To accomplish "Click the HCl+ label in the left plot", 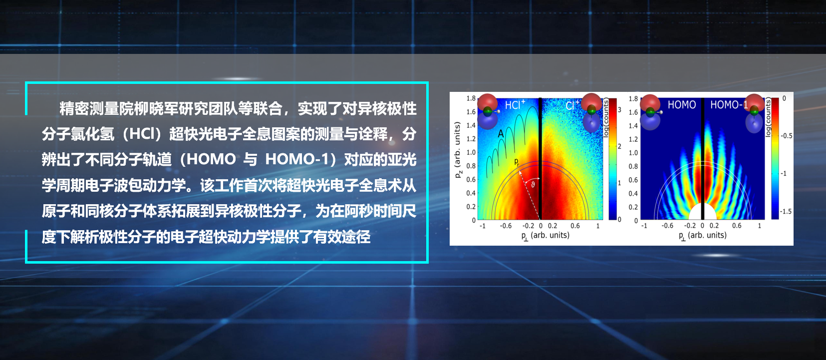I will coord(515,105).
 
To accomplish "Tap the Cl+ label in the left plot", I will coord(572,105).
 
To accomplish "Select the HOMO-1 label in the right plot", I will coord(728,105).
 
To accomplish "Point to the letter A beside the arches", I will coord(501,134).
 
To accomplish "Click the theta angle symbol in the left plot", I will coord(533,184).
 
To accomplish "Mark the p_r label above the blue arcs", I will coord(517,162).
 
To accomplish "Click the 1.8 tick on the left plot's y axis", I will coord(471,98).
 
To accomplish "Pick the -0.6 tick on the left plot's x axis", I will coord(506,226).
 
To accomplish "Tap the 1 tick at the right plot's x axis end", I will coord(760,226).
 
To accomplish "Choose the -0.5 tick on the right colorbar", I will coord(786,136).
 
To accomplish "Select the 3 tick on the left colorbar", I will coord(619,110).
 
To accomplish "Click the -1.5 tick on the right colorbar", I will coord(786,212).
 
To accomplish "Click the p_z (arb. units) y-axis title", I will coord(458,150).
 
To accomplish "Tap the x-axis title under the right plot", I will coord(702,235).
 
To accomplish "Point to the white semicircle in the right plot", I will coord(703,213).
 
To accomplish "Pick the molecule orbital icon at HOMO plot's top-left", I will coord(650,111).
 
